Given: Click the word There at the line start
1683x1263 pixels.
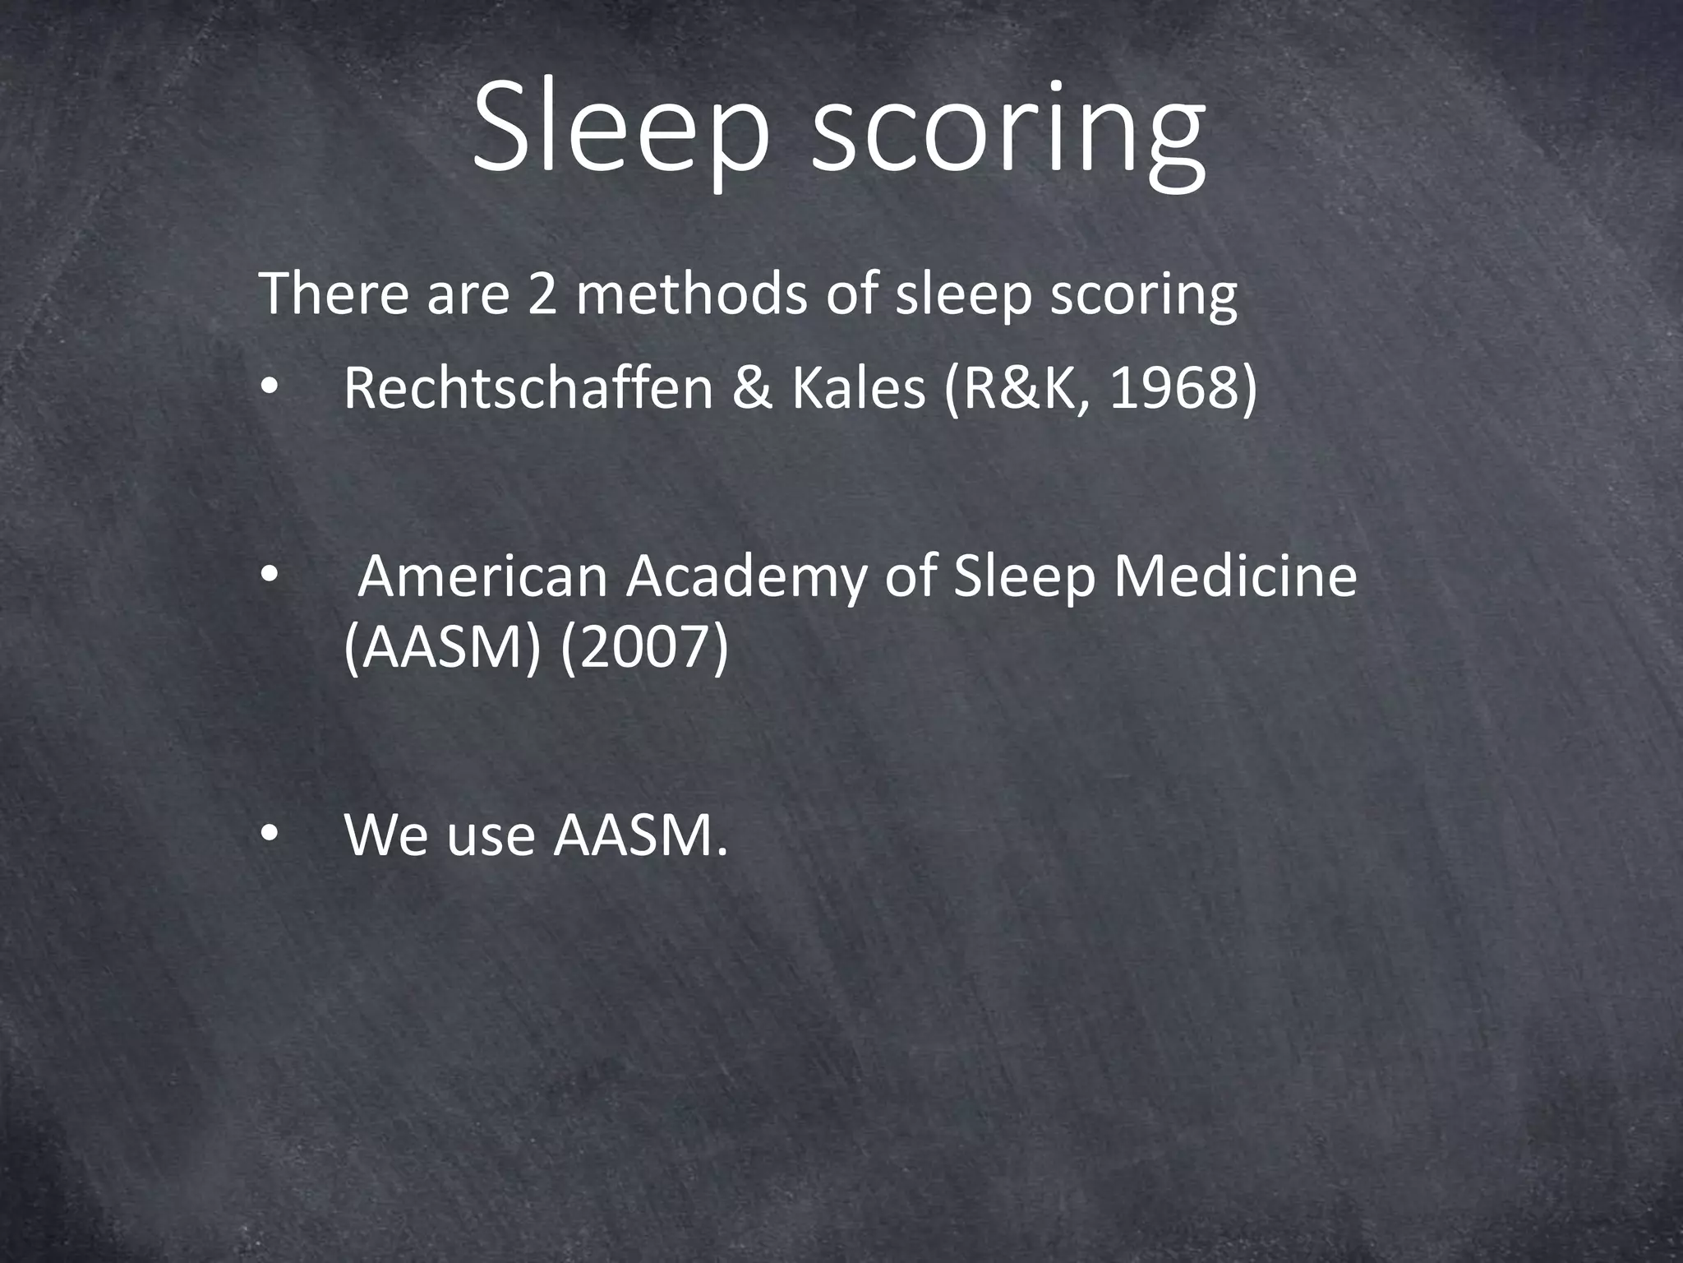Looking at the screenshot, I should click(x=334, y=294).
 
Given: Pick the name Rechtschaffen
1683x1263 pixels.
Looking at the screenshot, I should click(x=528, y=388).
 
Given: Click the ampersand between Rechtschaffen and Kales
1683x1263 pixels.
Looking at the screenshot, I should click(x=751, y=388).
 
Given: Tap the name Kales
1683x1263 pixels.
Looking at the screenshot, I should click(x=858, y=388).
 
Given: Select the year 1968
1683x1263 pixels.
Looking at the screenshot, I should click(x=1172, y=388).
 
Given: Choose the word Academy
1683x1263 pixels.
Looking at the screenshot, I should click(x=746, y=578).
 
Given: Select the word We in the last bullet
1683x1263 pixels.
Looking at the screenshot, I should click(x=386, y=835).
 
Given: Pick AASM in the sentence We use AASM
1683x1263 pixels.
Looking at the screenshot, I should click(x=633, y=835).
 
